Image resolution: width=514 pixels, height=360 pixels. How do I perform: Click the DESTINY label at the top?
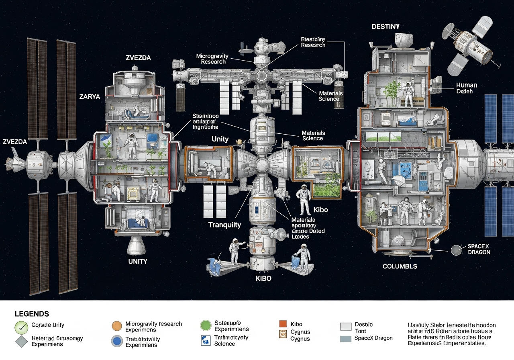385,27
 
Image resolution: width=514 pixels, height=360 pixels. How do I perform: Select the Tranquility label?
224,225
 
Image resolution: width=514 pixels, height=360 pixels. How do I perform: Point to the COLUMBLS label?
400,266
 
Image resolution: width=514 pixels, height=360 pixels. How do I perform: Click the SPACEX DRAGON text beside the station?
479,249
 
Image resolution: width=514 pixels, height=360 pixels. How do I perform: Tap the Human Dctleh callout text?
467,88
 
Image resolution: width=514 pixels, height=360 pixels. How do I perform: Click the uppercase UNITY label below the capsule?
138,261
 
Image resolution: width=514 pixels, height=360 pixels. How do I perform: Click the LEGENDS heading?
32,314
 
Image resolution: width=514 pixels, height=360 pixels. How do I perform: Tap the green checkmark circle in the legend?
21,327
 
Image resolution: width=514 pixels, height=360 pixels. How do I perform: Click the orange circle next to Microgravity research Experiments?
116,326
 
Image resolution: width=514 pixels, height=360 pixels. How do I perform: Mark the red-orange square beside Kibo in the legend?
283,324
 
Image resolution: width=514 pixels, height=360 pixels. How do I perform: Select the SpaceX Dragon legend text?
373,338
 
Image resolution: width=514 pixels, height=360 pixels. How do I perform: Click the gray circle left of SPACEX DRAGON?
455,250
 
